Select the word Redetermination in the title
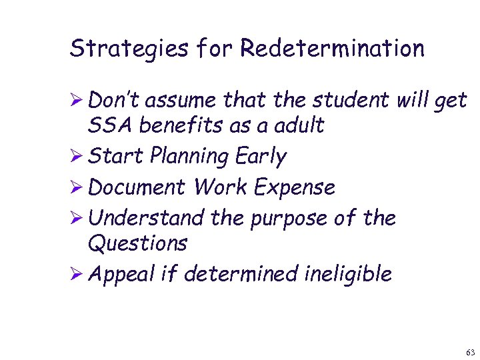(x=332, y=48)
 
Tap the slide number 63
(x=471, y=351)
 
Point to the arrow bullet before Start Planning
(x=76, y=157)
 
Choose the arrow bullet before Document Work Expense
(x=76, y=188)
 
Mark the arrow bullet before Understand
(x=76, y=219)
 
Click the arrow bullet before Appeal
(x=76, y=273)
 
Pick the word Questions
(x=137, y=244)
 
